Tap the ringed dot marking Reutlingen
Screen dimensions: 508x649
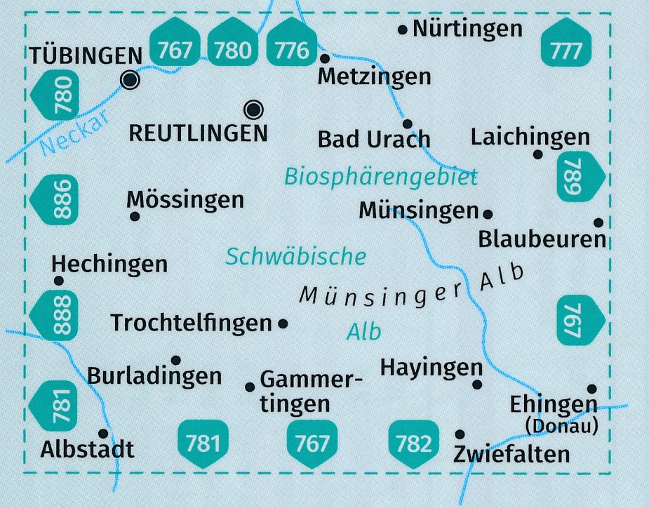[x=253, y=109]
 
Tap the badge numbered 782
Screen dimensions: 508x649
[x=413, y=443]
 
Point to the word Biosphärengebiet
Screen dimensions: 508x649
[x=380, y=177]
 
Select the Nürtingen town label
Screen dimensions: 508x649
[x=468, y=29]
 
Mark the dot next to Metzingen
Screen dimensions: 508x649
[x=325, y=58]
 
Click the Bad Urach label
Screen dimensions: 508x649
[x=373, y=139]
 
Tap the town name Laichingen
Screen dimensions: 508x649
[x=530, y=136]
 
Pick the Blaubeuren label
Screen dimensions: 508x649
[x=542, y=239]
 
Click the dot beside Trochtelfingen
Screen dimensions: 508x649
[x=283, y=323]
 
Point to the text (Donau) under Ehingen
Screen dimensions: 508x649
[x=560, y=425]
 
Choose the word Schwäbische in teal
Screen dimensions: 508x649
[x=295, y=257]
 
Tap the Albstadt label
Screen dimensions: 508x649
[x=87, y=450]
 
